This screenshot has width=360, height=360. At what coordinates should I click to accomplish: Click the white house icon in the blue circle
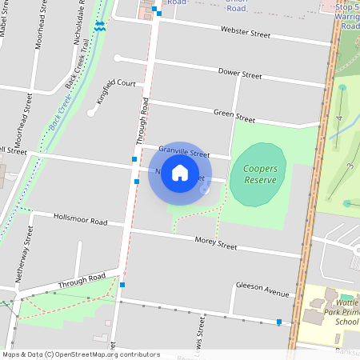pos(180,173)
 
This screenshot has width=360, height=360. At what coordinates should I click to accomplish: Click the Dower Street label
pos(240,74)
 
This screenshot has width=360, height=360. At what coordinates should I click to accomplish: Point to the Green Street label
pos(234,116)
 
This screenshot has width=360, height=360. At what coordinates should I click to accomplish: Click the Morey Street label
pos(216,242)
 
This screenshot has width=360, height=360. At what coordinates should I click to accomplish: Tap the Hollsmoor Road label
pos(80,218)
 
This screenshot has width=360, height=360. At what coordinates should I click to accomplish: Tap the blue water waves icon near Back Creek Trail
pos(99,26)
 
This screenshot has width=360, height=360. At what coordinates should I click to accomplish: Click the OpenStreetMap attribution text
pos(80,354)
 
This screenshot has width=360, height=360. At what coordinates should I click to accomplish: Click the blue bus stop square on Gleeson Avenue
pos(278,322)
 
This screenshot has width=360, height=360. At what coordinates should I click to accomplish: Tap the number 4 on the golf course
pos(339,118)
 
